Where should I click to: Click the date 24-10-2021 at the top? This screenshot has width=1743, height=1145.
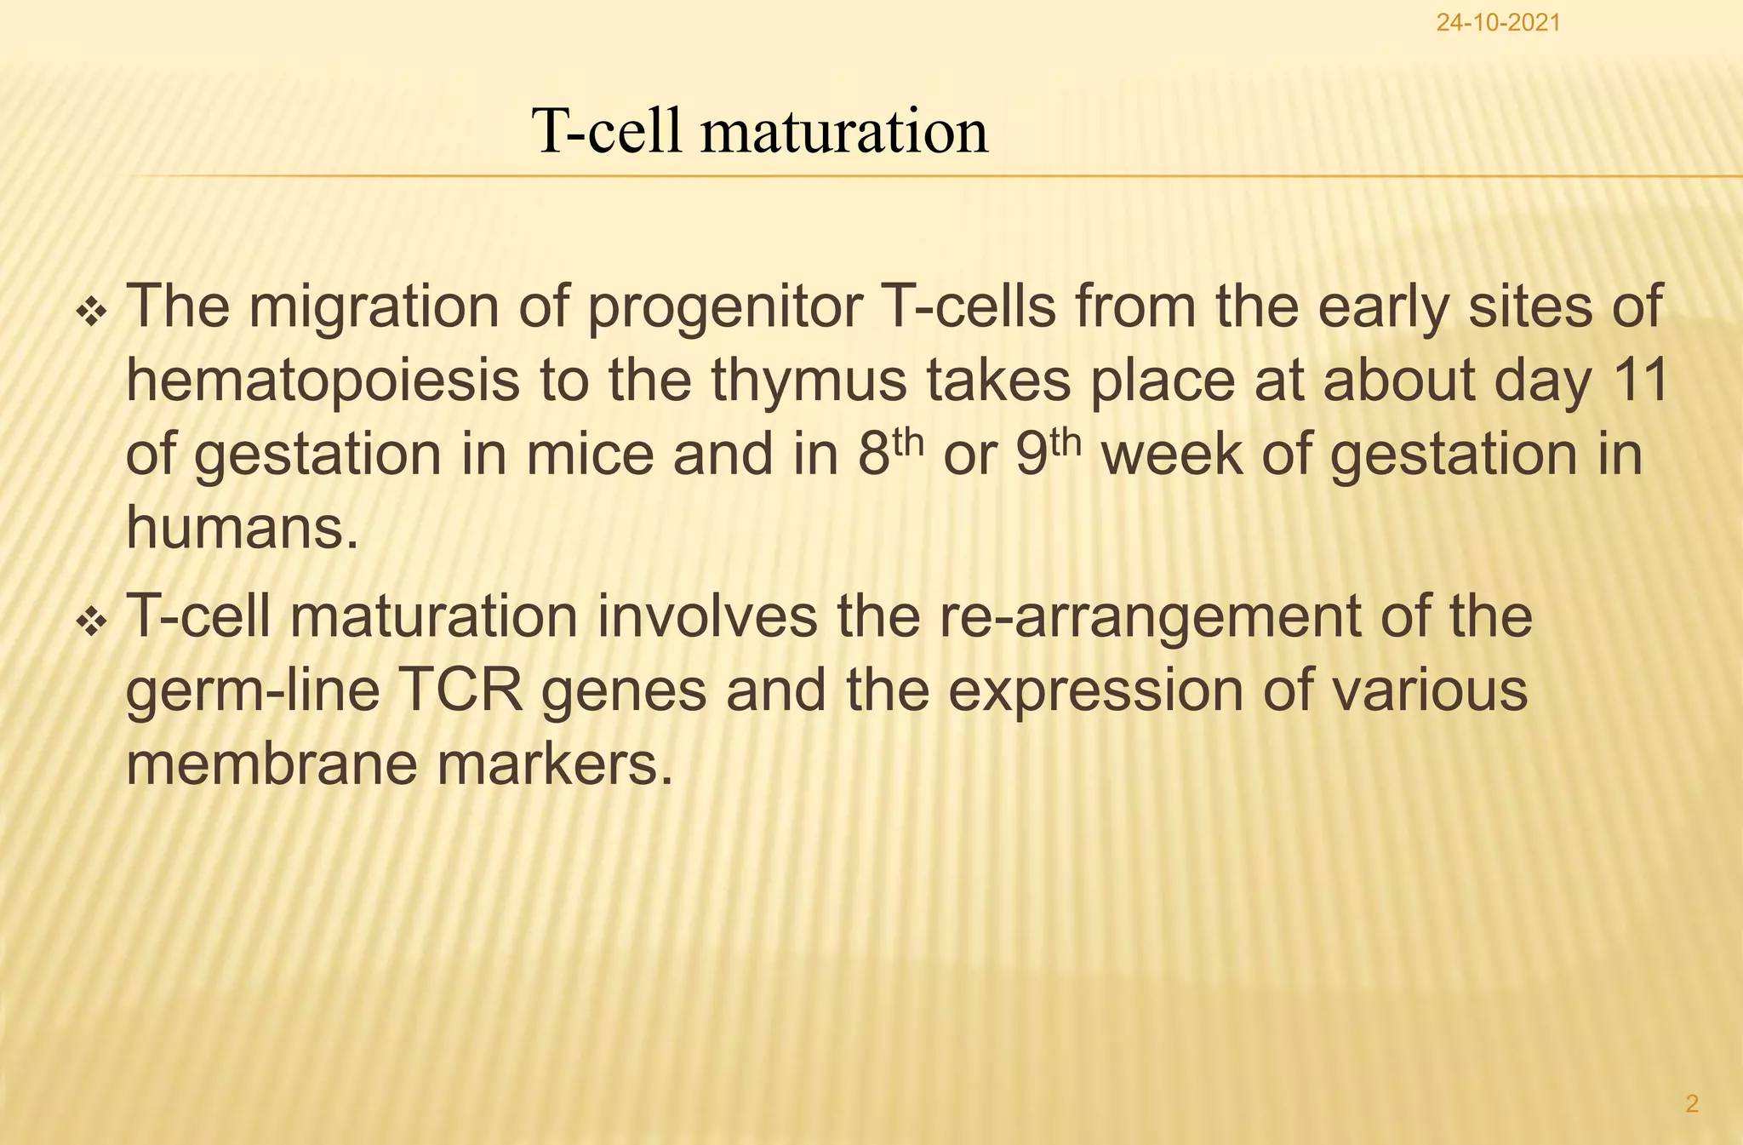coord(1498,23)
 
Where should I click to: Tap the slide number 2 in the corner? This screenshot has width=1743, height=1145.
coord(1692,1104)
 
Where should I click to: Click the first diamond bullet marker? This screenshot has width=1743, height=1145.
coord(91,315)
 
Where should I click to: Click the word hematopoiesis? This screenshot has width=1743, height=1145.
coord(323,381)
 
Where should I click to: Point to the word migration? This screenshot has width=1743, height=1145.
coord(374,308)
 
